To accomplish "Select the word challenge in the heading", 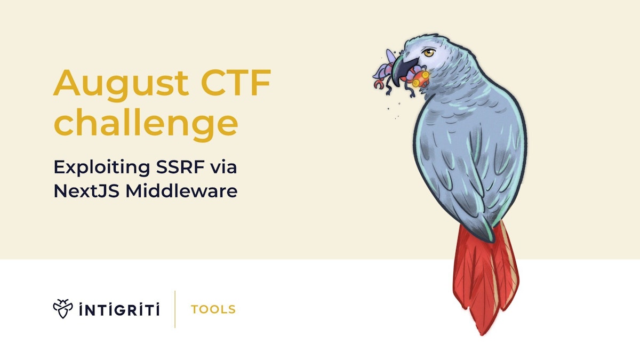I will click(x=145, y=124).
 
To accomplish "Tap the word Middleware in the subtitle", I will click(x=181, y=191).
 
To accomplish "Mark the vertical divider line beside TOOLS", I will click(x=175, y=309).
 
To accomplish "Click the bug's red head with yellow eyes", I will click(x=421, y=79).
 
